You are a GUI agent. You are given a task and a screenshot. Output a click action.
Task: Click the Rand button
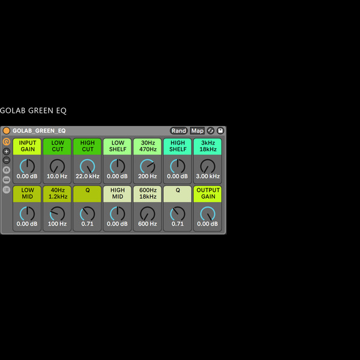[x=179, y=131]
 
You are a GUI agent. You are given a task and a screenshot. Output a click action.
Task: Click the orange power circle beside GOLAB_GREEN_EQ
[x=7, y=131]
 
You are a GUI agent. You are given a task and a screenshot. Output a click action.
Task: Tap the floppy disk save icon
[x=220, y=131]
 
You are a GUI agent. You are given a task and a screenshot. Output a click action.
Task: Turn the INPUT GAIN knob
[x=27, y=166]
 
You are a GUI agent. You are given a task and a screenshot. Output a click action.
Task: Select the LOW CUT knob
[x=57, y=166]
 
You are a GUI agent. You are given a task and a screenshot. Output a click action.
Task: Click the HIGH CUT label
[x=88, y=146]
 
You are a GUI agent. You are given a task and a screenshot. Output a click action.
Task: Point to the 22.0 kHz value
[x=88, y=176]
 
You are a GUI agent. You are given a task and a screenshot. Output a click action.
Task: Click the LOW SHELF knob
[x=118, y=166]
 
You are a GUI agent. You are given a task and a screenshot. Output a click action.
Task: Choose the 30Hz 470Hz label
[x=148, y=146]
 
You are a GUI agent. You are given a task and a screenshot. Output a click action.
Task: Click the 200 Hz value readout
[x=148, y=176]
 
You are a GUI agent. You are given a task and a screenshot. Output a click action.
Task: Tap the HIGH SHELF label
[x=178, y=146]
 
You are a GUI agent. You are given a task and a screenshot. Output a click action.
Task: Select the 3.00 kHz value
[x=208, y=176]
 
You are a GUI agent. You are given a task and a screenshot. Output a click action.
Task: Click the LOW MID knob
[x=27, y=214]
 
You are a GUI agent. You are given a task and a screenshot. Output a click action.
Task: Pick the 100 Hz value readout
[x=57, y=224]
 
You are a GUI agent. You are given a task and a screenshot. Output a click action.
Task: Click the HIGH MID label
[x=118, y=193]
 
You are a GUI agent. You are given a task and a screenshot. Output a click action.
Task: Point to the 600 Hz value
[x=148, y=224]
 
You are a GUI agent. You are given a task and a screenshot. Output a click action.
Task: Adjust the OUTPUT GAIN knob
[x=208, y=214]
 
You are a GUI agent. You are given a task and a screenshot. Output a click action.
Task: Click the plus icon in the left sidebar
[x=7, y=152]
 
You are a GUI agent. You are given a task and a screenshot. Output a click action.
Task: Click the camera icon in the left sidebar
[x=7, y=170]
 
